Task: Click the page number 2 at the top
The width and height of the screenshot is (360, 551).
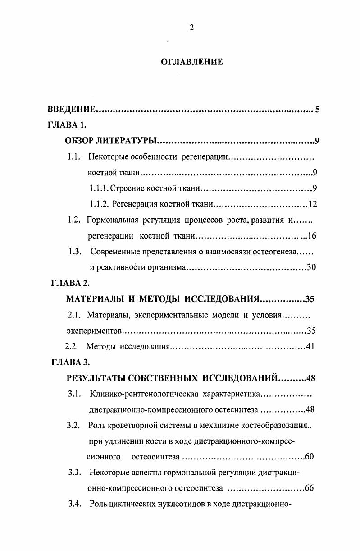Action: [191, 28]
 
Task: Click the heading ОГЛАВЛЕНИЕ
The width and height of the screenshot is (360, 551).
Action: [192, 62]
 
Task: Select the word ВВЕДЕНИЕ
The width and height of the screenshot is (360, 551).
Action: [72, 110]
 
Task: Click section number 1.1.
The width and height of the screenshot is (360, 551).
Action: [73, 157]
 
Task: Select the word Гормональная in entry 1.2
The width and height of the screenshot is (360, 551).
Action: [111, 220]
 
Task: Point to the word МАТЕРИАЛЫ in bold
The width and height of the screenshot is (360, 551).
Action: [95, 299]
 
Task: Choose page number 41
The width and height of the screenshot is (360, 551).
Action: [310, 347]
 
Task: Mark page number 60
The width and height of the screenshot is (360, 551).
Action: [309, 457]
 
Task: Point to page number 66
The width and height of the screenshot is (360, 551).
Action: [309, 488]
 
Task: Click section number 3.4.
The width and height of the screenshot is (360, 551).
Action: [74, 504]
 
